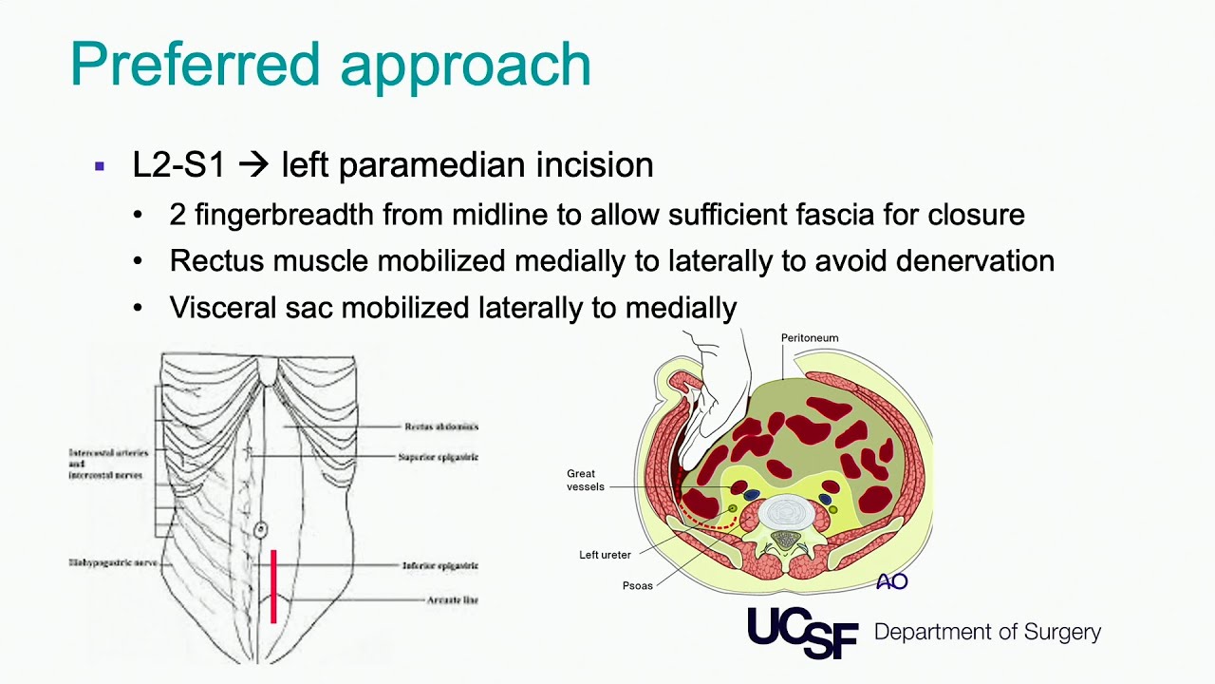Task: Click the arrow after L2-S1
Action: [x=252, y=165]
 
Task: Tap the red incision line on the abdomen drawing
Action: [x=273, y=586]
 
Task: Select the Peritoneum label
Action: [x=809, y=338]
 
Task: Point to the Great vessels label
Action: [x=584, y=480]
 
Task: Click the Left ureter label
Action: [x=605, y=555]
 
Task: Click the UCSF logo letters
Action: [x=802, y=632]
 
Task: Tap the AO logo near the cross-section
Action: [x=892, y=581]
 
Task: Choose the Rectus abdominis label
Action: [x=440, y=427]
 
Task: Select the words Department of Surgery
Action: [x=987, y=633]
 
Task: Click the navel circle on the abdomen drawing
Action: [x=260, y=529]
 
